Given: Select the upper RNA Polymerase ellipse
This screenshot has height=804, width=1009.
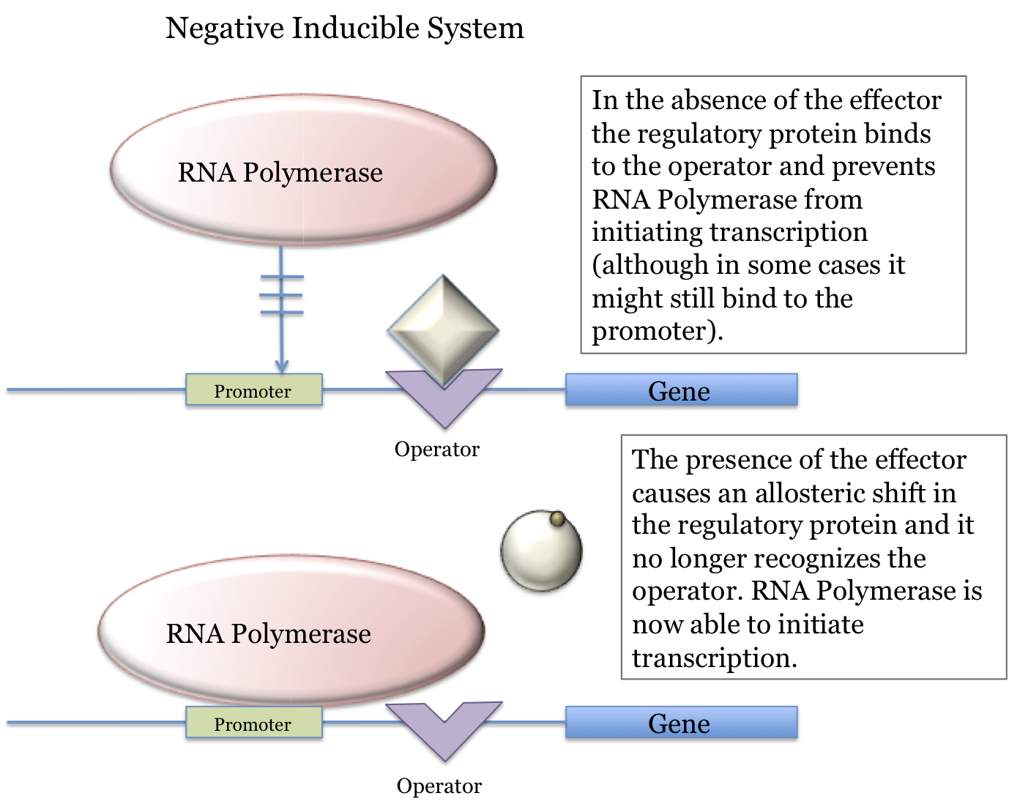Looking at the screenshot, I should tap(303, 170).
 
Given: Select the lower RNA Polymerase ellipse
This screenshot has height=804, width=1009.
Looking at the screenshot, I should tap(291, 631).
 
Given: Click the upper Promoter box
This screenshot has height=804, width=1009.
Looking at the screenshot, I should tap(253, 390).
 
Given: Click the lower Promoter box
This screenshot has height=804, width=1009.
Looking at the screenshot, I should tap(253, 723).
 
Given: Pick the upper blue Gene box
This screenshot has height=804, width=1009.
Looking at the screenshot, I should tap(680, 390).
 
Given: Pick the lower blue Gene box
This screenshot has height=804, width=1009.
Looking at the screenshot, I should tap(680, 723).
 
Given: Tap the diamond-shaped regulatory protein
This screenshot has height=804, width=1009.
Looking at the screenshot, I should tap(443, 330).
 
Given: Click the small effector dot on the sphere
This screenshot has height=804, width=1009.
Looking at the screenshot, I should tap(557, 519).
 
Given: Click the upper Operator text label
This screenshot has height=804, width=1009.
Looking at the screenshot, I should tap(436, 449).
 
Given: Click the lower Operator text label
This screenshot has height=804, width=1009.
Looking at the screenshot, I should tap(439, 786).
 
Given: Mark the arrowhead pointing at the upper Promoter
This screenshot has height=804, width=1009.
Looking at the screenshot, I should tap(281, 365).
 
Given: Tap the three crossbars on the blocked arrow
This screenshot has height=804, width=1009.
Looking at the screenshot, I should tap(281, 294).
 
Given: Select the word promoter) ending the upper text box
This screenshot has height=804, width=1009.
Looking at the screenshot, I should tap(657, 331).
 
